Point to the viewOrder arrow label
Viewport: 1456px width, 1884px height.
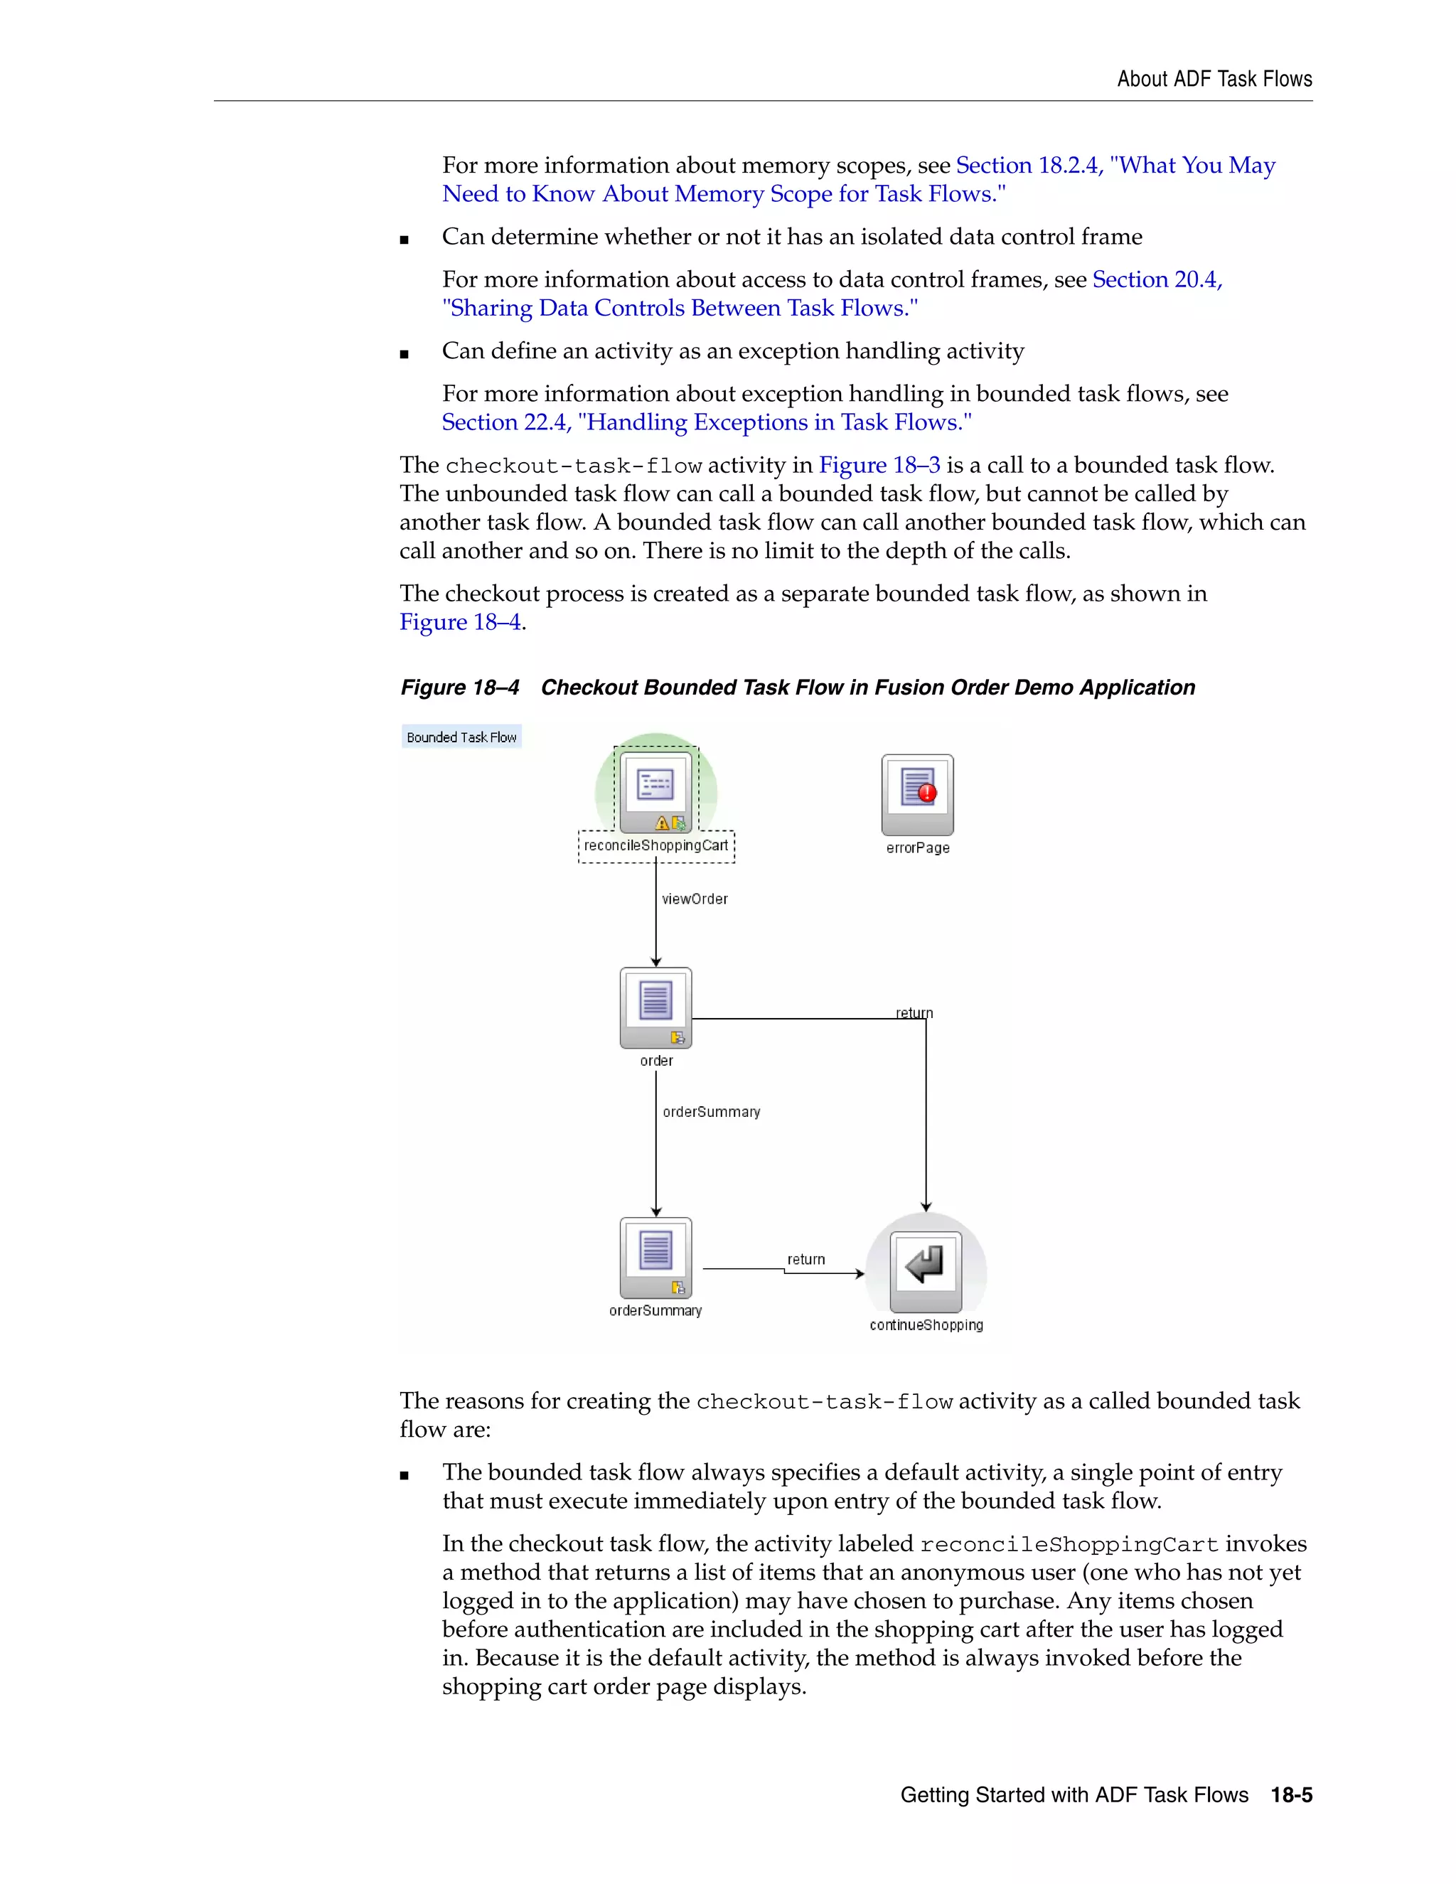pos(695,899)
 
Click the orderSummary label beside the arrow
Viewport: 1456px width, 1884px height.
pos(711,1112)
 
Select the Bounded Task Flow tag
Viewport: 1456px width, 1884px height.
pos(461,737)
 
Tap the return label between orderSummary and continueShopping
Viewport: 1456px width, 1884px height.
pos(805,1260)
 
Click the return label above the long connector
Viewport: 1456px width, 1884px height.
pos(914,1012)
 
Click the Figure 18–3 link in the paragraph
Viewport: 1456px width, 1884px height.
pos(879,465)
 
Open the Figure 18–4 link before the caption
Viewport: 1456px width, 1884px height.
pos(460,622)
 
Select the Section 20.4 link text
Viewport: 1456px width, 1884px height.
pos(1157,279)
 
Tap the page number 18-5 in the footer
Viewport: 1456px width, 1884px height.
pos(1291,1794)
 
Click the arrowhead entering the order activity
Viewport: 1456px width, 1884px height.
pos(655,961)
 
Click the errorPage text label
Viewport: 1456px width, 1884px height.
pos(917,848)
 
